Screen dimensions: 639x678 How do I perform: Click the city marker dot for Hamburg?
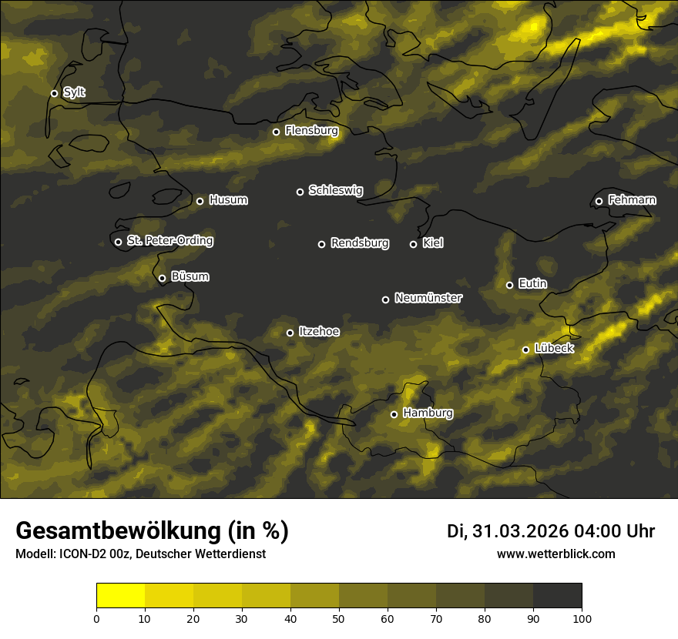(x=394, y=414)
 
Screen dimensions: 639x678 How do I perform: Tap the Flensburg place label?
(x=311, y=131)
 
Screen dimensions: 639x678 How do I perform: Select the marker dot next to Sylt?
(x=54, y=93)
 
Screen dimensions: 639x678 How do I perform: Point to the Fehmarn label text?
(x=632, y=200)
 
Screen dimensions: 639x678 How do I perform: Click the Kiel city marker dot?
(x=413, y=244)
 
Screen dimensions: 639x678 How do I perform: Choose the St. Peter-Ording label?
(x=169, y=241)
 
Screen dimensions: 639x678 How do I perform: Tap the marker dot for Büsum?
(x=162, y=279)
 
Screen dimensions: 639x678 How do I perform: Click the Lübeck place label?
(x=554, y=349)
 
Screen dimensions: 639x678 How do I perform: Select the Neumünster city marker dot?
(x=385, y=299)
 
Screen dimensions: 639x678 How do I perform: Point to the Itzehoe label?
(x=319, y=332)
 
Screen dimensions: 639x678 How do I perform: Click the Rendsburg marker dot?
(x=321, y=244)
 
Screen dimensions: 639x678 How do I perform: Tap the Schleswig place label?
(x=335, y=190)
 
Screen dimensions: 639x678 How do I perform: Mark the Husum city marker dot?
(x=200, y=201)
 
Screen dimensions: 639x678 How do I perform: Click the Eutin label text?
(x=532, y=284)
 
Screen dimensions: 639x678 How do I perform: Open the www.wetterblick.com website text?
(x=555, y=554)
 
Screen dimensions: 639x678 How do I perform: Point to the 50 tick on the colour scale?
(x=339, y=617)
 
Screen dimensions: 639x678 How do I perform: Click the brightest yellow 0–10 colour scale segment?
(x=120, y=596)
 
